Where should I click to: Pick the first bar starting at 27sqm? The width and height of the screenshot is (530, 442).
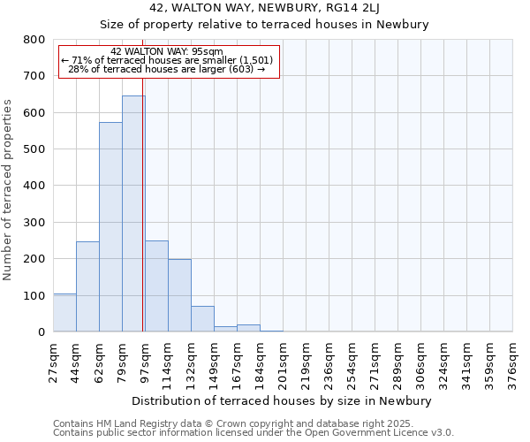pos(64,313)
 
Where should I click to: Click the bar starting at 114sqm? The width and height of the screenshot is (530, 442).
pos(179,295)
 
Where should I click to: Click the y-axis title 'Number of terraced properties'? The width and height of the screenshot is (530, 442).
pos(9,189)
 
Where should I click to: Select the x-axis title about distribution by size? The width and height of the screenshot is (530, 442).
pos(282,400)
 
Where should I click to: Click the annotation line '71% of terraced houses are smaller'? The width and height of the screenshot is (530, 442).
pos(168,60)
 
